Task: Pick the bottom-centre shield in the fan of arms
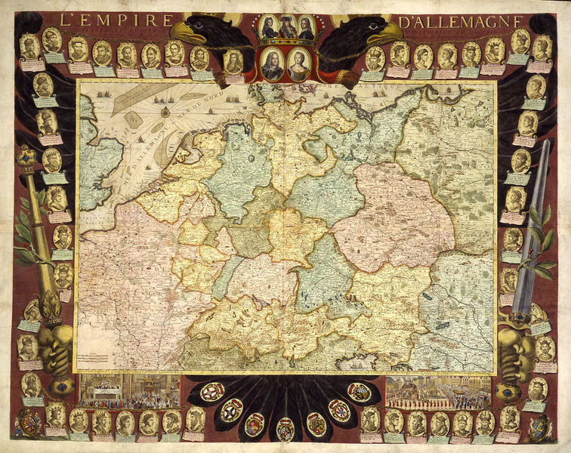coord(285,428)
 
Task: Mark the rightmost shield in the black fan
coord(360,391)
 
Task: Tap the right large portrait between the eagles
coord(299,64)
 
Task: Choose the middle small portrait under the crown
coord(285,28)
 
